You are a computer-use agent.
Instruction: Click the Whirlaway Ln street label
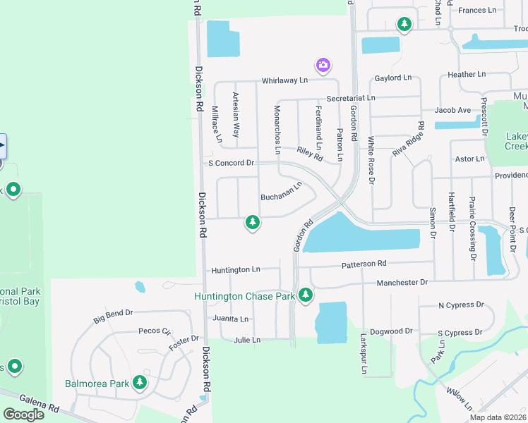tap(286, 81)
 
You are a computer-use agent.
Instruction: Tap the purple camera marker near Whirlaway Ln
tap(323, 66)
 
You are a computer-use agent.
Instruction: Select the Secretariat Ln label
tap(351, 98)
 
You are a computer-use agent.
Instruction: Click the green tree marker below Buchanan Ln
tap(252, 223)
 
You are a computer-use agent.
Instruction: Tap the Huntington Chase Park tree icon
tap(305, 295)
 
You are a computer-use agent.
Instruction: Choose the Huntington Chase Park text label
tap(244, 297)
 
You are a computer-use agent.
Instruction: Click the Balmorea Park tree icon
tap(140, 382)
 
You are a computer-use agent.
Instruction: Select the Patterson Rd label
tap(364, 264)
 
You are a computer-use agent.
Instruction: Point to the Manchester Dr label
tap(402, 282)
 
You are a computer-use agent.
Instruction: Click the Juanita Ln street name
tap(231, 319)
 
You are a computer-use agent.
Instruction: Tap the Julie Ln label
tap(246, 340)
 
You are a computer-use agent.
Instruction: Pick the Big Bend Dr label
tap(113, 317)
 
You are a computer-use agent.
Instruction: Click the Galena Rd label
tap(40, 405)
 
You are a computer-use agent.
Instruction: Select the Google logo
tap(23, 415)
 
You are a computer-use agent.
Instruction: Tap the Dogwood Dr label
tap(390, 331)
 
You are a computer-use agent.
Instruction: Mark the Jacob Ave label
tap(452, 111)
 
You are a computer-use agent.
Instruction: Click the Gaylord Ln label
tap(393, 78)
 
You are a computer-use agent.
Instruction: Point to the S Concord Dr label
tap(231, 163)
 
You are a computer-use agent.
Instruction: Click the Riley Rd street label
tap(309, 152)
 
